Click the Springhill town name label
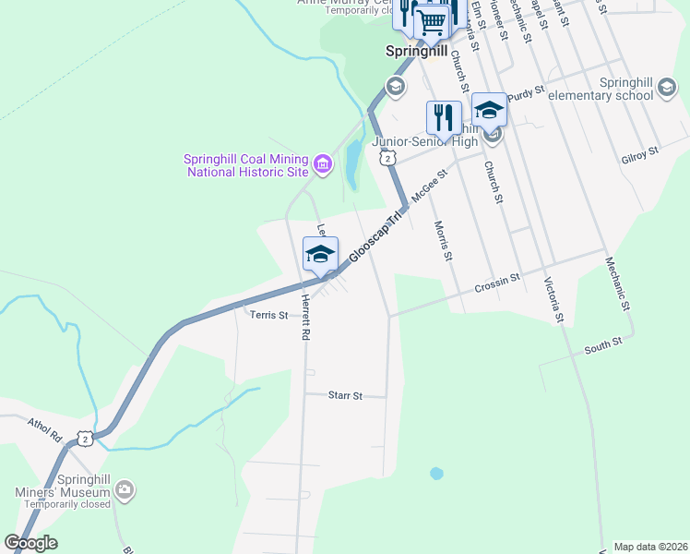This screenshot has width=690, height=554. [x=416, y=52]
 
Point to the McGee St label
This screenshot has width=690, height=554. [x=429, y=186]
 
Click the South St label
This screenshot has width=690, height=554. [x=603, y=346]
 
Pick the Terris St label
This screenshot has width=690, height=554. [x=270, y=315]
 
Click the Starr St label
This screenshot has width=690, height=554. [x=345, y=395]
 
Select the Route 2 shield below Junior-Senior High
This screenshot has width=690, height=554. [x=389, y=160]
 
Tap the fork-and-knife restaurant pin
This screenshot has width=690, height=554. [x=444, y=117]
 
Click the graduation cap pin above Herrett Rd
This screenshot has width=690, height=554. [x=320, y=254]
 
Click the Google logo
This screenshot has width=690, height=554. [x=31, y=543]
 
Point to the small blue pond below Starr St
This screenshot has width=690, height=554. [x=435, y=474]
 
